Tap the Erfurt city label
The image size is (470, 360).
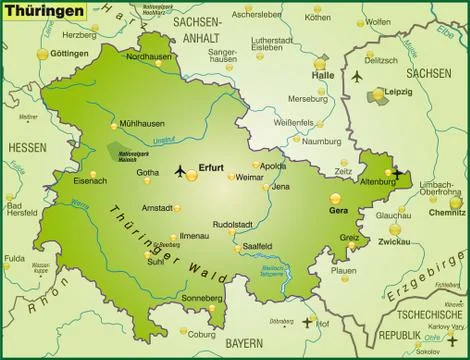point(211,168)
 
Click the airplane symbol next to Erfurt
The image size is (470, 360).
point(180,170)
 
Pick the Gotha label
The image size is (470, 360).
point(148,172)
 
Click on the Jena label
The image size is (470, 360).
point(281,187)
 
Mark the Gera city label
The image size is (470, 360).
point(340,211)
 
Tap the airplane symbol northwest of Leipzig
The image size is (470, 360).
point(357,76)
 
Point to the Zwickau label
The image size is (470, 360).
point(395,242)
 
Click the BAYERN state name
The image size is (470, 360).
point(244,343)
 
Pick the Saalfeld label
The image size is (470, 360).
point(257,246)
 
